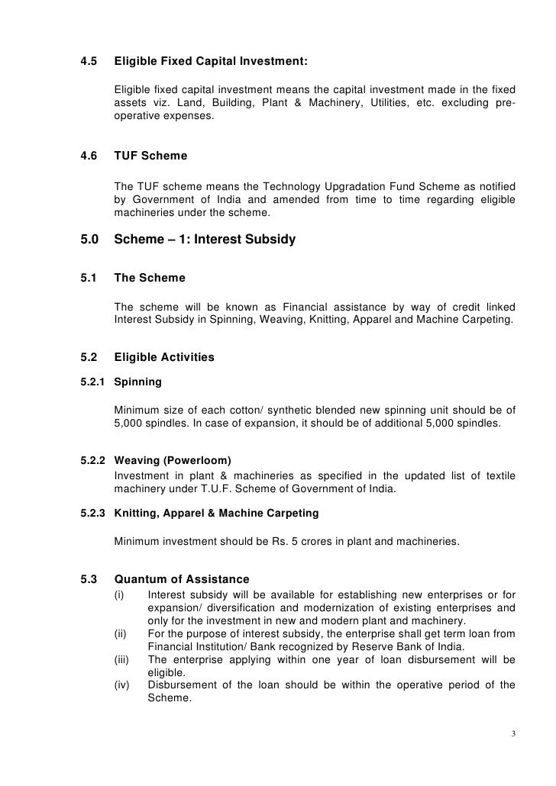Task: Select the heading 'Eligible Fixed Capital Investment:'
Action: coord(209,61)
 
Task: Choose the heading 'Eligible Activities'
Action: coord(164,356)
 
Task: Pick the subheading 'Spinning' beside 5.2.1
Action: coord(137,379)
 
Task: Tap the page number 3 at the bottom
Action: coord(514,735)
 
